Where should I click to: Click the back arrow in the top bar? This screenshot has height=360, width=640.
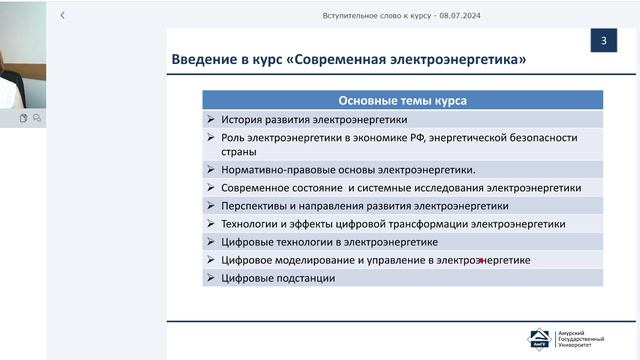(x=63, y=16)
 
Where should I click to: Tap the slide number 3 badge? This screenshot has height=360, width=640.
(x=603, y=42)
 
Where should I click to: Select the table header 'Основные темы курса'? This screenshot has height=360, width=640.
(x=402, y=100)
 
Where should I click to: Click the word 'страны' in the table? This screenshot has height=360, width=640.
(x=240, y=152)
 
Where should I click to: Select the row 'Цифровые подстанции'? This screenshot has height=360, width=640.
(x=278, y=278)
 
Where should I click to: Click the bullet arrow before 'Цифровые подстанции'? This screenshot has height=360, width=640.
(x=211, y=278)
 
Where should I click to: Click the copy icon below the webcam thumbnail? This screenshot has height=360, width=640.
(x=23, y=118)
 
